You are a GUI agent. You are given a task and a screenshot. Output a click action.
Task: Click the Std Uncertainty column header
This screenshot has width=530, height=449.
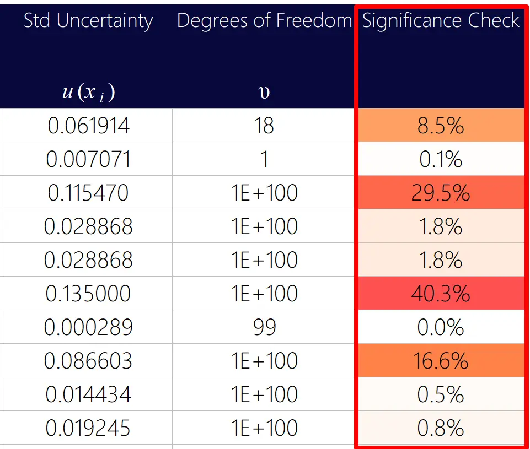pos(88,21)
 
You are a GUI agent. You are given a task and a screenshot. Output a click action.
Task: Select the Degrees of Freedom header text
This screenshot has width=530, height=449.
pos(264,21)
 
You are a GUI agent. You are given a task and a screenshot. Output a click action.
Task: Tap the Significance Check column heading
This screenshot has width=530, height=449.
pos(441,21)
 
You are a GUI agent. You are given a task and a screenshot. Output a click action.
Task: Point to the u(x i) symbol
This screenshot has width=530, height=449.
pos(88,91)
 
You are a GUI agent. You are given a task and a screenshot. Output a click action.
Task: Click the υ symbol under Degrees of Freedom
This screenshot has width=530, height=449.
pos(264,93)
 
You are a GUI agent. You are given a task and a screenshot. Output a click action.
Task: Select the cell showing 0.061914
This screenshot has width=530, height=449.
pos(88,126)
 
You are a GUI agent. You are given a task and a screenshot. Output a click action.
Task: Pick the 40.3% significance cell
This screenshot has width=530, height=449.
pos(441,294)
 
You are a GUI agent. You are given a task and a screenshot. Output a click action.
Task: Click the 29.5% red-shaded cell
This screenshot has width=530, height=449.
pos(441,193)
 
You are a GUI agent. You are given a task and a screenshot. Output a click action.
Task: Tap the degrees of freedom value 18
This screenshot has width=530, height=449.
pos(264,126)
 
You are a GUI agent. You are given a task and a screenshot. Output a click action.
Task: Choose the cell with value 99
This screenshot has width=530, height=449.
pos(264,327)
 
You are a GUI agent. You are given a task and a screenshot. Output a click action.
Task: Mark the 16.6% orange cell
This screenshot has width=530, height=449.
pos(441,361)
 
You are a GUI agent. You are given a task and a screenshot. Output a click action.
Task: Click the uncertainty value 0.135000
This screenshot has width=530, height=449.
pos(88,294)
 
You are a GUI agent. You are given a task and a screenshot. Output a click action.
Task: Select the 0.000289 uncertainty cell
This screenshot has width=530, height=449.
pos(88,327)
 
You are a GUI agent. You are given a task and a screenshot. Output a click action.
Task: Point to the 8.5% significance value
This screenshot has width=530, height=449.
pos(441,126)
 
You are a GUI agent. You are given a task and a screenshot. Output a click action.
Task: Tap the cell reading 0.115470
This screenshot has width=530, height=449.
pos(88,193)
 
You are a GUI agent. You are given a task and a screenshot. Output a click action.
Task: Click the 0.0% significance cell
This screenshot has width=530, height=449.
pos(441,327)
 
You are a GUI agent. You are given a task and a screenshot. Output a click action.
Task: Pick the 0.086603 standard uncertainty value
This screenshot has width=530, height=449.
pos(88,361)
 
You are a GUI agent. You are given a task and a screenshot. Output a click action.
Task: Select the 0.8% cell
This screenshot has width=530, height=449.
pos(441,428)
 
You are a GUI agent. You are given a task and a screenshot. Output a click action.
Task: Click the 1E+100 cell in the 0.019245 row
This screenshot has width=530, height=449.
pos(264,428)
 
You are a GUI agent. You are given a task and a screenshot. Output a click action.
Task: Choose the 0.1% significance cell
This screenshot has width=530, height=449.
pos(441,160)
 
